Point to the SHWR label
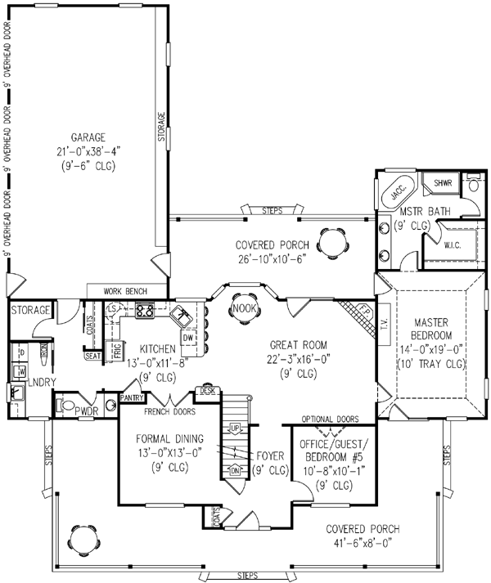pyautogui.click(x=443, y=183)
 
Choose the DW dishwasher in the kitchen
pyautogui.click(x=187, y=337)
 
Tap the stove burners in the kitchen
pyautogui.click(x=145, y=311)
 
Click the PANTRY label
pyautogui.click(x=132, y=397)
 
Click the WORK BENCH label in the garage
pyautogui.click(x=125, y=291)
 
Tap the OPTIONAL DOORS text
pyautogui.click(x=330, y=419)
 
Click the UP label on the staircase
pyautogui.click(x=235, y=428)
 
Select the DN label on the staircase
pyautogui.click(x=235, y=470)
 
